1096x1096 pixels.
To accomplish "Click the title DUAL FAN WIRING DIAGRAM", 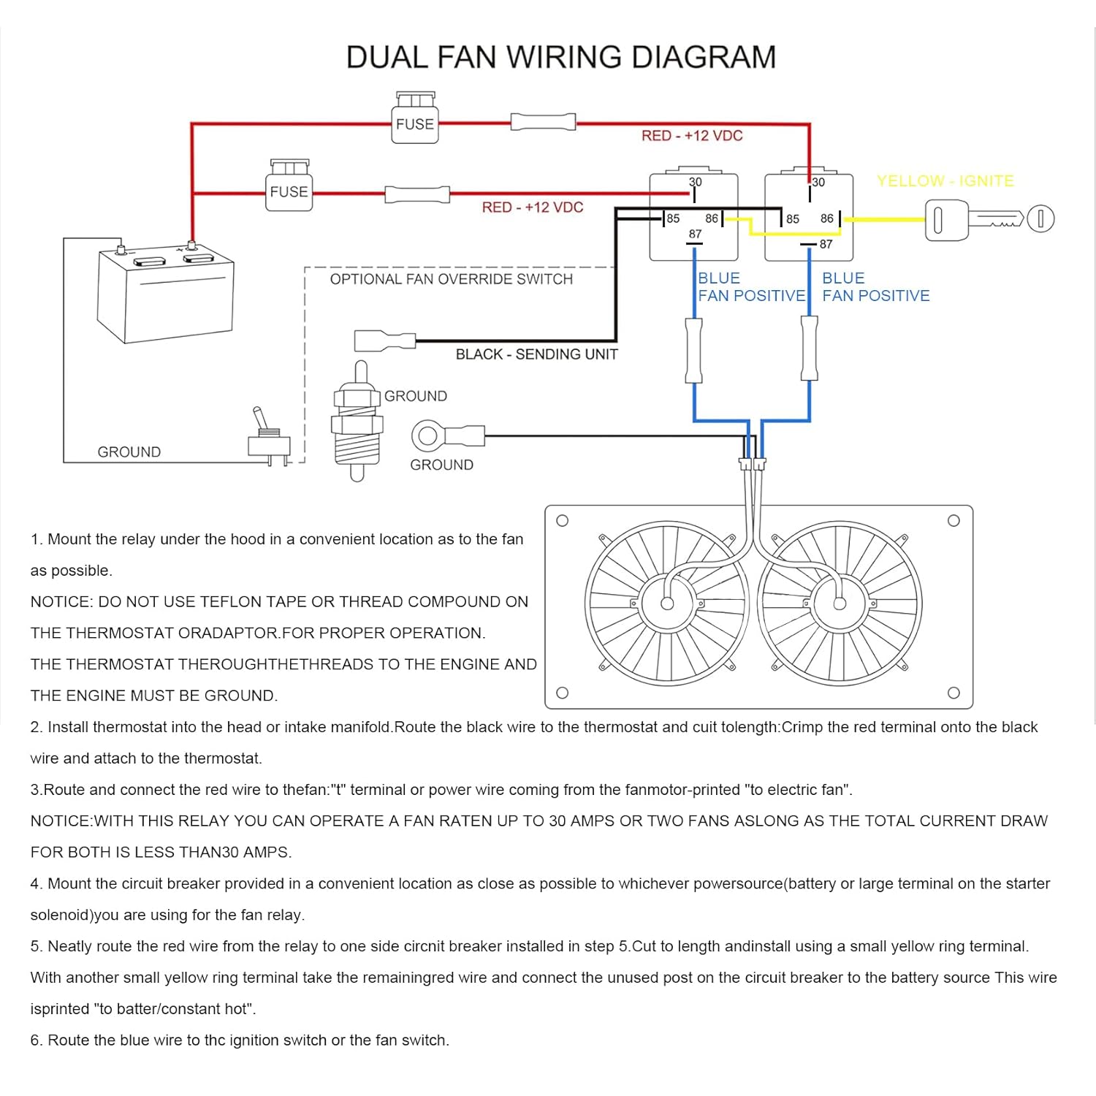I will pos(560,57).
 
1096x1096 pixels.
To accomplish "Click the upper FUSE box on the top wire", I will pos(415,123).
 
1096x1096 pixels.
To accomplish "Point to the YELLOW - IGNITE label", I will pos(945,180).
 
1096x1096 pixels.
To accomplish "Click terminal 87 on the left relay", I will pos(695,235).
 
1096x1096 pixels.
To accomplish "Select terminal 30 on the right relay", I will pos(818,183).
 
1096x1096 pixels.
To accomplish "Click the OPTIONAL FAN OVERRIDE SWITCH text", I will pos(451,279).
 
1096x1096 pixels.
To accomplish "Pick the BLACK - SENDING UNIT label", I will pos(536,354).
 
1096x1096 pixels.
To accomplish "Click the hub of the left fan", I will pos(667,604).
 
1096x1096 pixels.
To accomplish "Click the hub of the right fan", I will pos(840,604).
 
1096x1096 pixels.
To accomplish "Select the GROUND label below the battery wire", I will pos(129,452).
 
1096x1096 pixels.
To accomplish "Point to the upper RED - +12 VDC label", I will pos(692,136).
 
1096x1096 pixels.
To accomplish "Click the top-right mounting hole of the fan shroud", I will pos(954,521).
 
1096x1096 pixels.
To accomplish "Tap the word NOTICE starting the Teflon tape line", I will pos(61,602).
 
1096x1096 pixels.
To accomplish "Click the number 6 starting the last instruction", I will pos(35,1040).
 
